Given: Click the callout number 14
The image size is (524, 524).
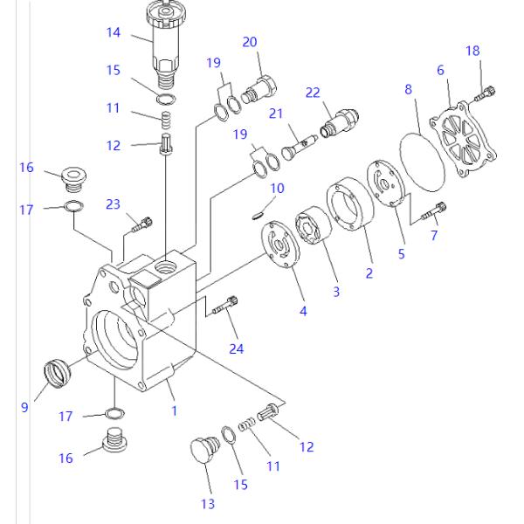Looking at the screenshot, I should coord(114,33).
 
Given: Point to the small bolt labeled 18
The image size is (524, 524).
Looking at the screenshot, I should coord(486,89).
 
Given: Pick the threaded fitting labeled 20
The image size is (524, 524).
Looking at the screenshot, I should coord(259,87).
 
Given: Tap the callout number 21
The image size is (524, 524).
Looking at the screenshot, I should coord(277,114).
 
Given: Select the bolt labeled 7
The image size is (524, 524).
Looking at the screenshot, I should coord(434,210).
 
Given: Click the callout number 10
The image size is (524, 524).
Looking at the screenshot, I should coord(277,188).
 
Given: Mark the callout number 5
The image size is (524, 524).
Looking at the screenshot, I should coord(402,255).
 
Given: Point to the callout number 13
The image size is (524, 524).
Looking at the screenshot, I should coord(207,503).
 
